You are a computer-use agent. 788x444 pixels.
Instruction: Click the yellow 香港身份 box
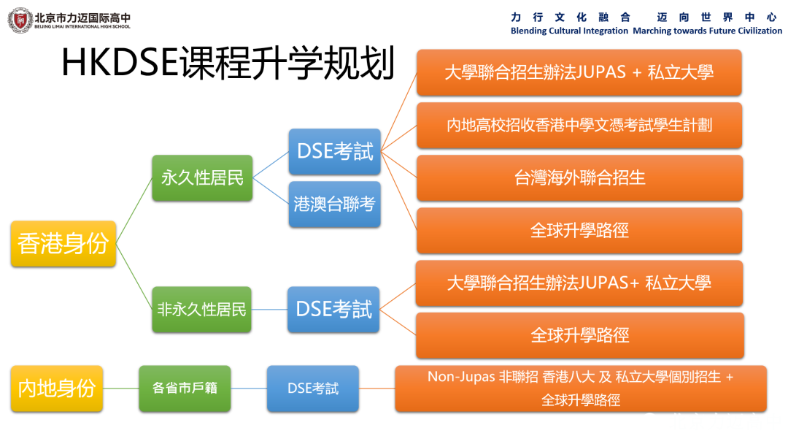(63, 244)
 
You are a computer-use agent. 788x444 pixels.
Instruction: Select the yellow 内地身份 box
(57, 388)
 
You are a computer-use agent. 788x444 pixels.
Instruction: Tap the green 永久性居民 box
(202, 178)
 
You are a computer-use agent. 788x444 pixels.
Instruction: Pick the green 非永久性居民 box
(202, 310)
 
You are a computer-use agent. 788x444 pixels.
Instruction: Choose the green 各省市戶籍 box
(185, 388)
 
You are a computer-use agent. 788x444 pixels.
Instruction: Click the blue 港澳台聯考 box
(334, 204)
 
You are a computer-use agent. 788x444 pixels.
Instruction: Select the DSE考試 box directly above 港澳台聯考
(334, 152)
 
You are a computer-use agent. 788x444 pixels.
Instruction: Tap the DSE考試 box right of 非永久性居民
(333, 310)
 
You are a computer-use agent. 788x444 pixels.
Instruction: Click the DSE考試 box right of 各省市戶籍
(312, 388)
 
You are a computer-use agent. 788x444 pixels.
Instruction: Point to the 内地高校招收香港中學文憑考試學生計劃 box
(579, 125)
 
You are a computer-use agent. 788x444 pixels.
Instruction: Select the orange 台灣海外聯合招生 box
(579, 177)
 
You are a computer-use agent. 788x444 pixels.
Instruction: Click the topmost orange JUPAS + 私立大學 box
(579, 72)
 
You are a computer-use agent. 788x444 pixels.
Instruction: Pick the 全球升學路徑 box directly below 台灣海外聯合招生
(579, 231)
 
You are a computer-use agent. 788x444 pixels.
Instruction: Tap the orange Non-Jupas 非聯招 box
(580, 388)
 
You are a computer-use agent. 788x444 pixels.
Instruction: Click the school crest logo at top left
(20, 20)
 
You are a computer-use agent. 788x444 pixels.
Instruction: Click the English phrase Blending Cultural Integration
(569, 31)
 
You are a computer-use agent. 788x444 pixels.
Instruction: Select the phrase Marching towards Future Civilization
(707, 31)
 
